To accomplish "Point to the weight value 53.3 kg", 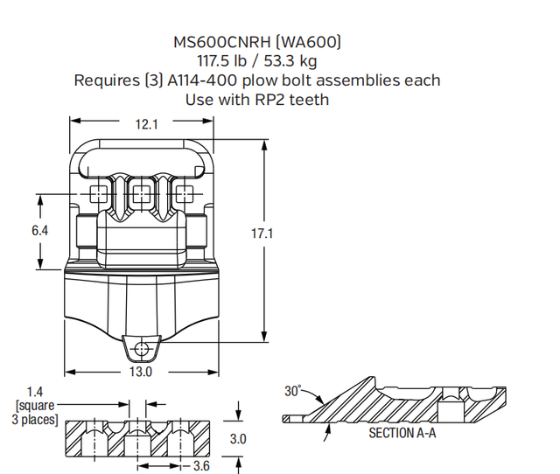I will (x=297, y=61).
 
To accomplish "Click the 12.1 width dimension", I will (x=146, y=125).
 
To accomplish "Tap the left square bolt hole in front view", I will (x=99, y=192).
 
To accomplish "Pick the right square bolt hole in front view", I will (x=183, y=192).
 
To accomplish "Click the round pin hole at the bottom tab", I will (x=141, y=350).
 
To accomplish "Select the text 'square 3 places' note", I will (x=36, y=413).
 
